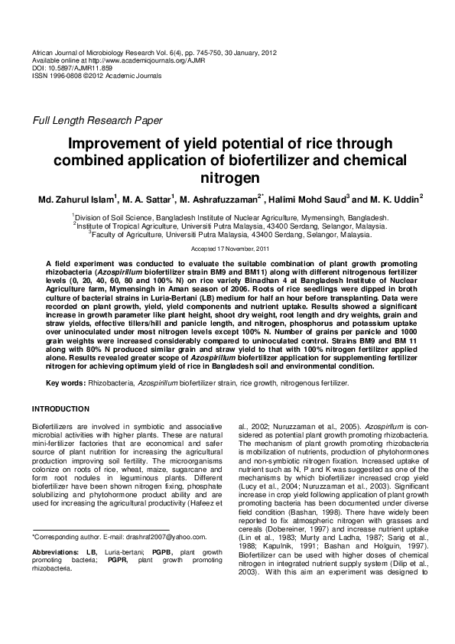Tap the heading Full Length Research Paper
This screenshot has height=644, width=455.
(96, 121)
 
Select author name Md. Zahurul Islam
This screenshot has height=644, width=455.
(77, 200)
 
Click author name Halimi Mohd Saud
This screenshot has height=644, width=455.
(308, 200)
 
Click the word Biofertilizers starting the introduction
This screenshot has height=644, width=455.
(51, 424)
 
